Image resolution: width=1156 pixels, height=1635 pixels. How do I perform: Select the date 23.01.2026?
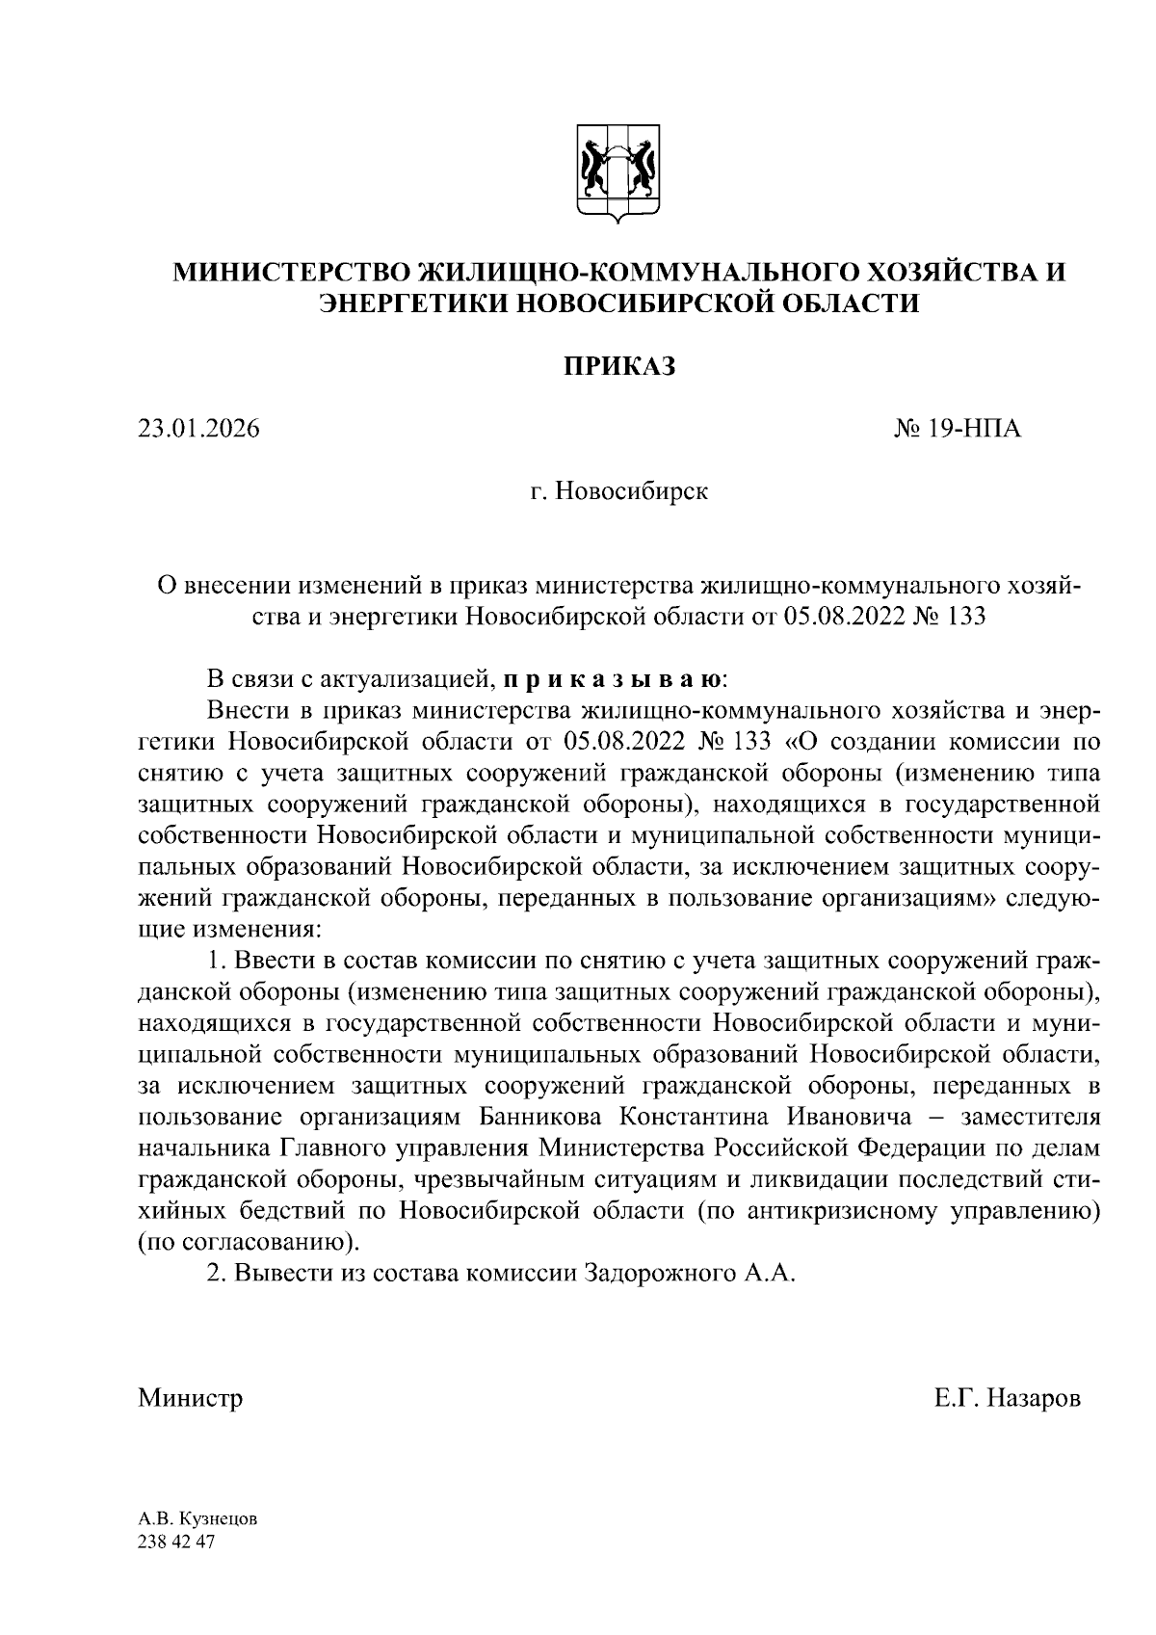point(198,428)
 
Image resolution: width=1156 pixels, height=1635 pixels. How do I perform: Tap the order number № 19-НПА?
point(958,428)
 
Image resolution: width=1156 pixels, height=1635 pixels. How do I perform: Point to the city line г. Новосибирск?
point(618,492)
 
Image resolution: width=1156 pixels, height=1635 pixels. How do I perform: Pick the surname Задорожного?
point(659,1273)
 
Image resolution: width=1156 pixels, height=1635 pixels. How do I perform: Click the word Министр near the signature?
point(190,1397)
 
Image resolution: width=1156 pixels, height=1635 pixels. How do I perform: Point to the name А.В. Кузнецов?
point(197,1519)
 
